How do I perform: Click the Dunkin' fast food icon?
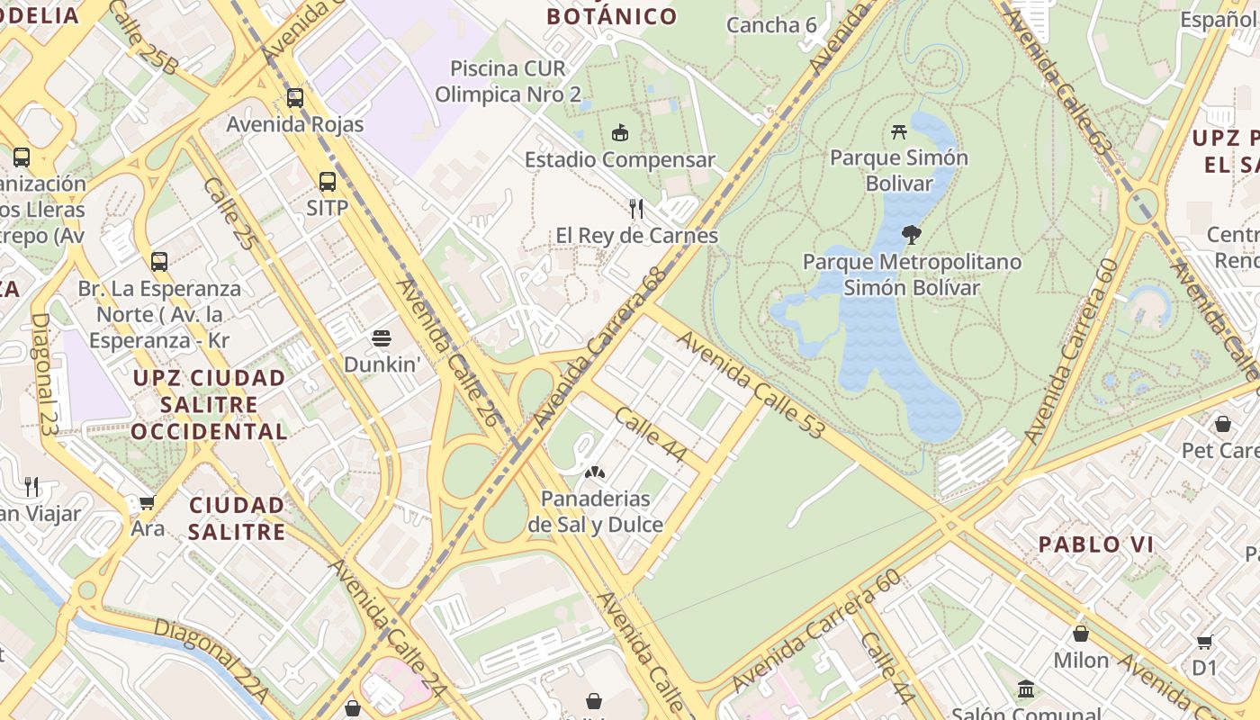(382, 339)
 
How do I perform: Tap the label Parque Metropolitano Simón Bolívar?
(912, 274)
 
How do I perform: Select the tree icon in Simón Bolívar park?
(912, 235)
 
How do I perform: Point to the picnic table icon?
(898, 131)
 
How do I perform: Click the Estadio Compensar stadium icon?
(619, 134)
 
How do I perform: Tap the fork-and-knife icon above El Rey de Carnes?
(636, 209)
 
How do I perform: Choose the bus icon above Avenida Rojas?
(295, 97)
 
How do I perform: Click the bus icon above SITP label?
(327, 182)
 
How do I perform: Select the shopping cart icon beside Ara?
(147, 502)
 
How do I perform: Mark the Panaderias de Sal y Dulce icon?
(594, 472)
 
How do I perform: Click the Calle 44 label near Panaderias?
(651, 435)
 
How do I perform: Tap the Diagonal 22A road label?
(211, 660)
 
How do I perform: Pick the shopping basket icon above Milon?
(1080, 634)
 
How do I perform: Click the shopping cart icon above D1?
(1204, 642)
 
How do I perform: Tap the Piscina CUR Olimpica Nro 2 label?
(508, 81)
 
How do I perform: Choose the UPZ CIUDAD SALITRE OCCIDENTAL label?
(209, 404)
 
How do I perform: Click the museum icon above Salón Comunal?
(1025, 689)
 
